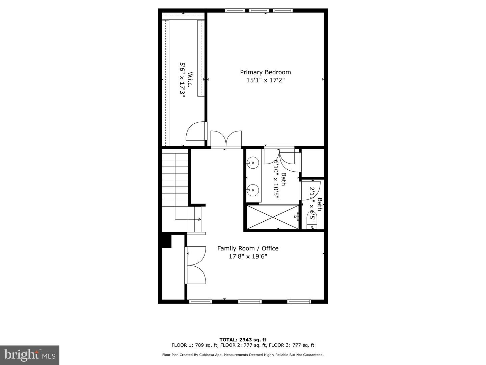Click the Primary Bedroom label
tap(265, 72)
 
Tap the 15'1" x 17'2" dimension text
tap(265, 80)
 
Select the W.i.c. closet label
tap(190, 80)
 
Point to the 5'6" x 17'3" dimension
tap(182, 80)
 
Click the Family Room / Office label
tap(248, 248)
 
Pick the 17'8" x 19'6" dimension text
tap(248, 257)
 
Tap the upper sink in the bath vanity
tap(252, 163)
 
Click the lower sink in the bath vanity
tap(252, 190)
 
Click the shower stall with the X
tap(273, 217)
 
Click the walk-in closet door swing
tap(196, 131)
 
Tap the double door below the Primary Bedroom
tap(226, 139)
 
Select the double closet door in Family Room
tap(196, 265)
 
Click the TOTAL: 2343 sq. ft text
tap(243, 340)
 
